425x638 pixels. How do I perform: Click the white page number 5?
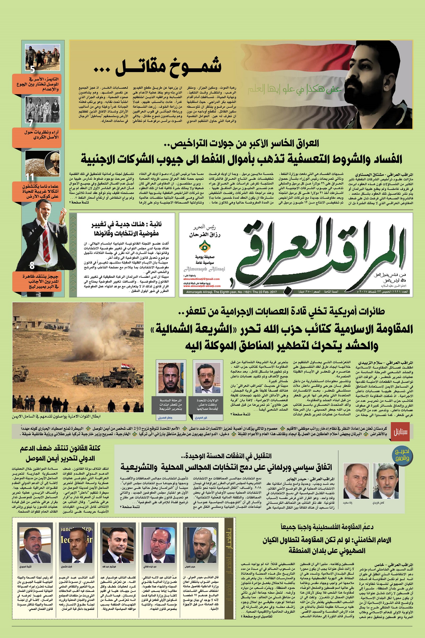click(32, 69)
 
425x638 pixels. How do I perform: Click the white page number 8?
click(32, 265)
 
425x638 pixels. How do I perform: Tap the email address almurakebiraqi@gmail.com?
click(201, 279)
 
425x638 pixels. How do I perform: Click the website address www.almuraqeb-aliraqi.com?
click(202, 286)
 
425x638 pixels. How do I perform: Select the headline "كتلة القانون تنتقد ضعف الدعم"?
click(60, 448)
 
